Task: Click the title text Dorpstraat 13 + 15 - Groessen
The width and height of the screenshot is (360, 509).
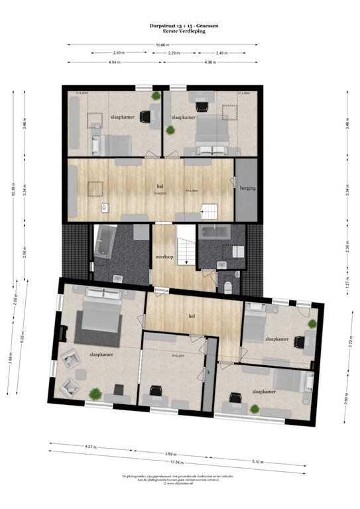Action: click(x=180, y=25)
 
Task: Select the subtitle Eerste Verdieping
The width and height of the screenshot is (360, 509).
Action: click(x=180, y=30)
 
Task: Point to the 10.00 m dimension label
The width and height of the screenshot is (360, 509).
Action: click(x=162, y=44)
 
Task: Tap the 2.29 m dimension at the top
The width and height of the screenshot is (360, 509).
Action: click(x=174, y=53)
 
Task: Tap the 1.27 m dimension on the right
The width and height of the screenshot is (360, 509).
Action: click(x=346, y=270)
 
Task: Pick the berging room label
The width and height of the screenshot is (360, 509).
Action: click(x=249, y=189)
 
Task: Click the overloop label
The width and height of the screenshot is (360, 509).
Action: click(x=164, y=256)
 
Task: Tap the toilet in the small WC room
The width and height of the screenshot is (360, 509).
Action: click(x=227, y=285)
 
